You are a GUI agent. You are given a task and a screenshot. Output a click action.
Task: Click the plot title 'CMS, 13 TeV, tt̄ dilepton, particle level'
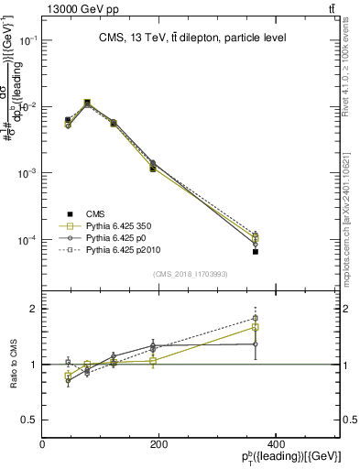pos(191,38)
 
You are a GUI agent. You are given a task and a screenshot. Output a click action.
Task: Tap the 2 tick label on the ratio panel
pos(34,310)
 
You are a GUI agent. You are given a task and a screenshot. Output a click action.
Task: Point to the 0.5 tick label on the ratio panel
pos(30,420)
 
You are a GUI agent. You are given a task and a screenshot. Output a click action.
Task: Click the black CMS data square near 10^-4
pos(256,251)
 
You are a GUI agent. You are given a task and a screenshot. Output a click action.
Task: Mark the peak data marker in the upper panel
pos(87,103)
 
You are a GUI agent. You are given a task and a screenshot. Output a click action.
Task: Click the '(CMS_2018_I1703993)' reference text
pos(191,273)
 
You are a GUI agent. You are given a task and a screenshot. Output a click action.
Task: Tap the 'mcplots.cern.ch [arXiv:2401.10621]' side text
pos(353,212)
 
